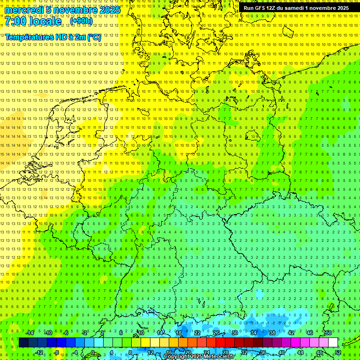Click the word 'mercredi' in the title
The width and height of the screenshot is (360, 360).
[x=23, y=10]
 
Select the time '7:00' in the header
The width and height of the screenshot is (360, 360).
[x=17, y=21]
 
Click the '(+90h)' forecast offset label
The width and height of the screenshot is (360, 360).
[x=81, y=21]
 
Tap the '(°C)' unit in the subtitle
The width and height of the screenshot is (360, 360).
[x=94, y=37]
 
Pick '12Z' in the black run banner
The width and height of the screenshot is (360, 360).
[x=276, y=8]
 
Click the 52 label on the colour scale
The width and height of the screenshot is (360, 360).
[x=337, y=352]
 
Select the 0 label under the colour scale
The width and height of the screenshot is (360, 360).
[x=93, y=352]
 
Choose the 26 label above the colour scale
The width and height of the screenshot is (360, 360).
[x=216, y=333]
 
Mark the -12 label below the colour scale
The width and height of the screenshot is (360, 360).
[x=39, y=352]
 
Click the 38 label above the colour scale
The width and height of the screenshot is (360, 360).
[x=272, y=333]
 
